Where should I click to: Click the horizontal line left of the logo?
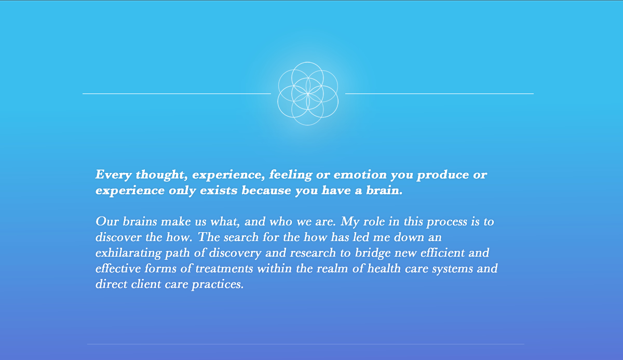[177, 94]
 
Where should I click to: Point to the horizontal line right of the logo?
[439, 94]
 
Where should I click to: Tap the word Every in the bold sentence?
[114, 175]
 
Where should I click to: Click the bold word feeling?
[290, 175]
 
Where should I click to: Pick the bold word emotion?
[360, 175]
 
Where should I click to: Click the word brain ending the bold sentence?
[384, 190]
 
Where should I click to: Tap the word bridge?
[373, 253]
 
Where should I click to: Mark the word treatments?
[224, 269]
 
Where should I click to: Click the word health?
[384, 269]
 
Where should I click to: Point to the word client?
[146, 284]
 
